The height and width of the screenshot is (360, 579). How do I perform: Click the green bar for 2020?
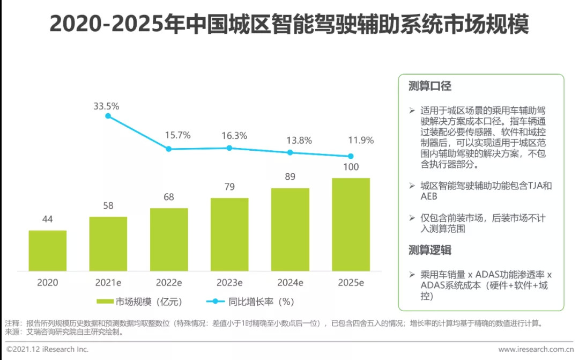pyautogui.click(x=48, y=251)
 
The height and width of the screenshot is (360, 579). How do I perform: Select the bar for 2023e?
pyautogui.click(x=229, y=235)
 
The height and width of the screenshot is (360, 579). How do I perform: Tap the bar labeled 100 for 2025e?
pyautogui.click(x=351, y=225)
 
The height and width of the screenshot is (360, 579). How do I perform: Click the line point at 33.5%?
pyautogui.click(x=108, y=116)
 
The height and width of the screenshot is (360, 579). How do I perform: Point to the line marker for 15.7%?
pyautogui.click(x=169, y=149)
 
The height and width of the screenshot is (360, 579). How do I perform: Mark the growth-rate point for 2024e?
pyautogui.click(x=290, y=152)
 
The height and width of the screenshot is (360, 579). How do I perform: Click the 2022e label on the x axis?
pyautogui.click(x=169, y=283)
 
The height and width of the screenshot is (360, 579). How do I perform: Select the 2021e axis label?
pyautogui.click(x=108, y=283)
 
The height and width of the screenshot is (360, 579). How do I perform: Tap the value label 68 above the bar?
pyautogui.click(x=169, y=197)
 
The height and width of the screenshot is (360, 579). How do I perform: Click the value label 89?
pyautogui.click(x=290, y=177)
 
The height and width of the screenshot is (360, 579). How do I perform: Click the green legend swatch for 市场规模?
pyautogui.click(x=106, y=302)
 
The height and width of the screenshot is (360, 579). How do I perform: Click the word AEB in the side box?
pyautogui.click(x=429, y=197)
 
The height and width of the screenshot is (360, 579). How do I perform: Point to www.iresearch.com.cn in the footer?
pyautogui.click(x=536, y=349)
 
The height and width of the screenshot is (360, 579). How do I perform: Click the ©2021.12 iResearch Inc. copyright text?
pyautogui.click(x=47, y=349)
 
